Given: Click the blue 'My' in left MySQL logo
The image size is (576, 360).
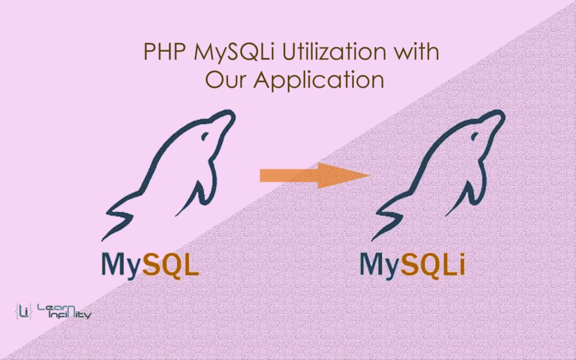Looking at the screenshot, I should pos(121,265).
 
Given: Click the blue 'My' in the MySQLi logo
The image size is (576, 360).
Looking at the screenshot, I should pos(379,265).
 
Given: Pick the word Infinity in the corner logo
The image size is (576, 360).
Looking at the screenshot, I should pos(70,315).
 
